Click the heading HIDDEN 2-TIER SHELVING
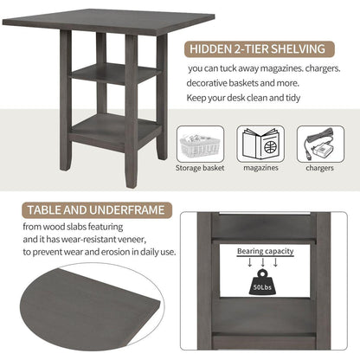(x=257, y=49)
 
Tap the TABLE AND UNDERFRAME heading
(x=96, y=210)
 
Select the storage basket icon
(x=200, y=145)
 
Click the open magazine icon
(x=260, y=145)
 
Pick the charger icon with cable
(x=320, y=145)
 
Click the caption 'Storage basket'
(x=200, y=168)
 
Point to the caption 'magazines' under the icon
(x=260, y=168)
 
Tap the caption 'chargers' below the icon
(x=319, y=168)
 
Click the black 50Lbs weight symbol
(x=262, y=282)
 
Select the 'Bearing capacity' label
(x=265, y=251)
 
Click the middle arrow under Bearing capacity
(x=262, y=262)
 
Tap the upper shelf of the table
(x=115, y=73)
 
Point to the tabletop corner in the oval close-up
(x=159, y=303)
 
